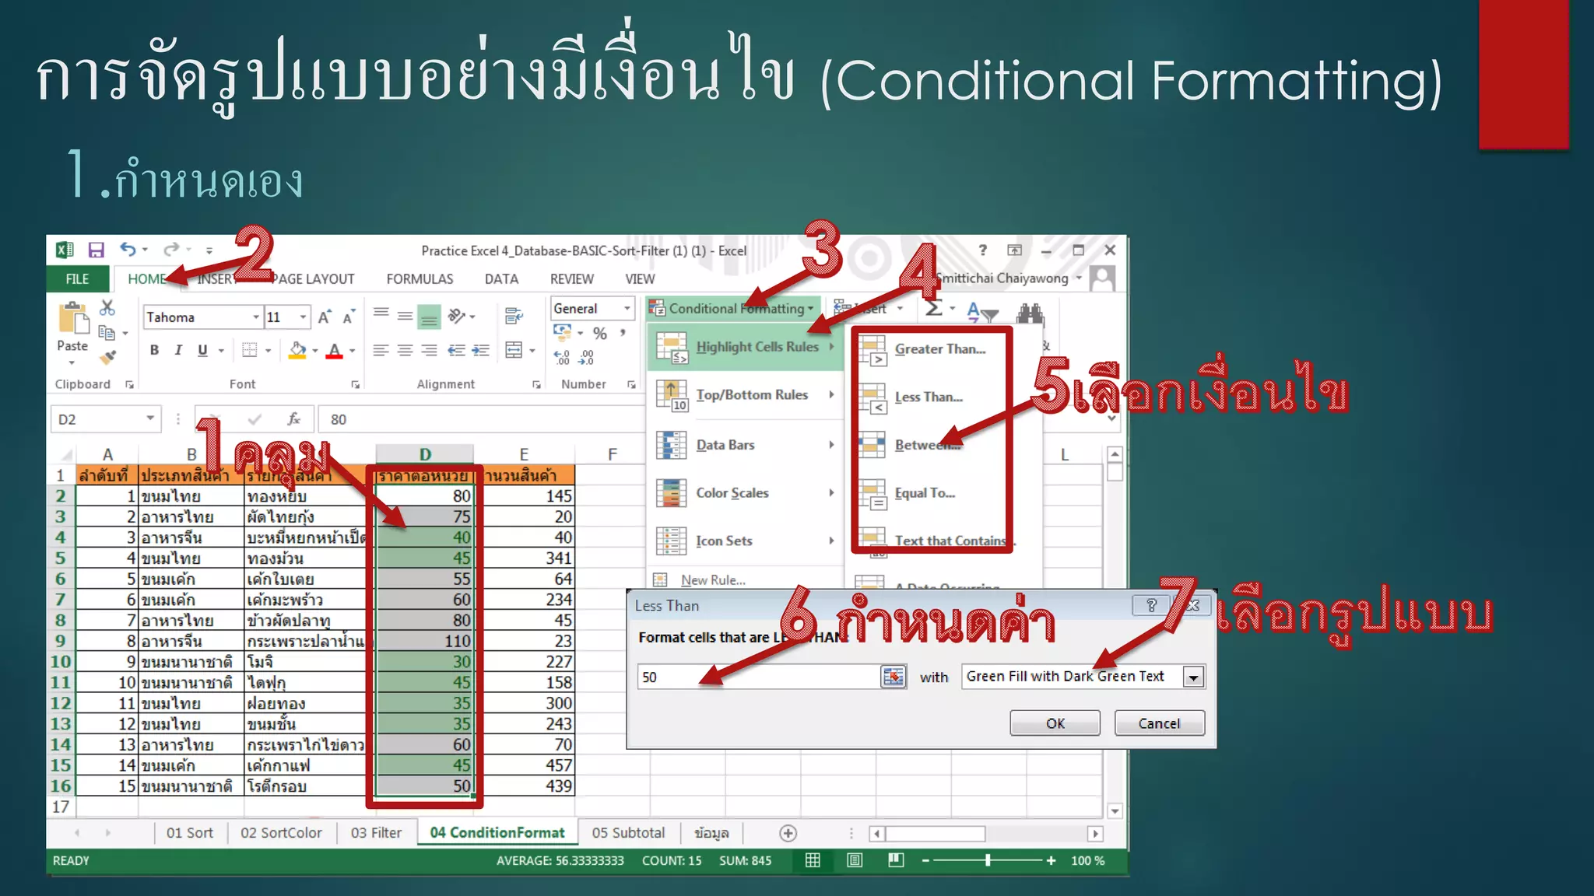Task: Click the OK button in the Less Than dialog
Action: [x=1055, y=723]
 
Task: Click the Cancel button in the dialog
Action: [x=1159, y=723]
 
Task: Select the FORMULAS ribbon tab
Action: [x=420, y=279]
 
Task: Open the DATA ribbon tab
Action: [x=501, y=279]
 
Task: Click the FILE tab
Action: [x=77, y=279]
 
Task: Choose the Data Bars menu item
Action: [x=725, y=445]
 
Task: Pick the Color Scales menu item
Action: [x=732, y=493]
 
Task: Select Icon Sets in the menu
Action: [x=724, y=541]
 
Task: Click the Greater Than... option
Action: [x=939, y=349]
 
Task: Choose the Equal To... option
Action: [x=924, y=493]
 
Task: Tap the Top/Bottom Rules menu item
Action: [x=751, y=395]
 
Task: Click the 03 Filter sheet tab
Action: [x=376, y=833]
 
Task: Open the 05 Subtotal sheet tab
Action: [x=628, y=833]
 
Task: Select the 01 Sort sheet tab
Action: [x=189, y=833]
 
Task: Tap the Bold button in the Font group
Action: [x=154, y=350]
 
